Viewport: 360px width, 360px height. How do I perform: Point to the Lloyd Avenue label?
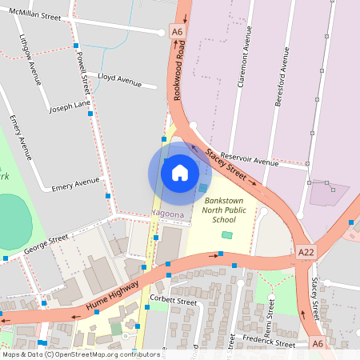119,80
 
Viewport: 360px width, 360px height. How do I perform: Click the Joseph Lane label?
70,106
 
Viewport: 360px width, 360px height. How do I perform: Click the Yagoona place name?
168,214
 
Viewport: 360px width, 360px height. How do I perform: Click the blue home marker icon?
180,172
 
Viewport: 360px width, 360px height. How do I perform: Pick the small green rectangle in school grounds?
227,235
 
